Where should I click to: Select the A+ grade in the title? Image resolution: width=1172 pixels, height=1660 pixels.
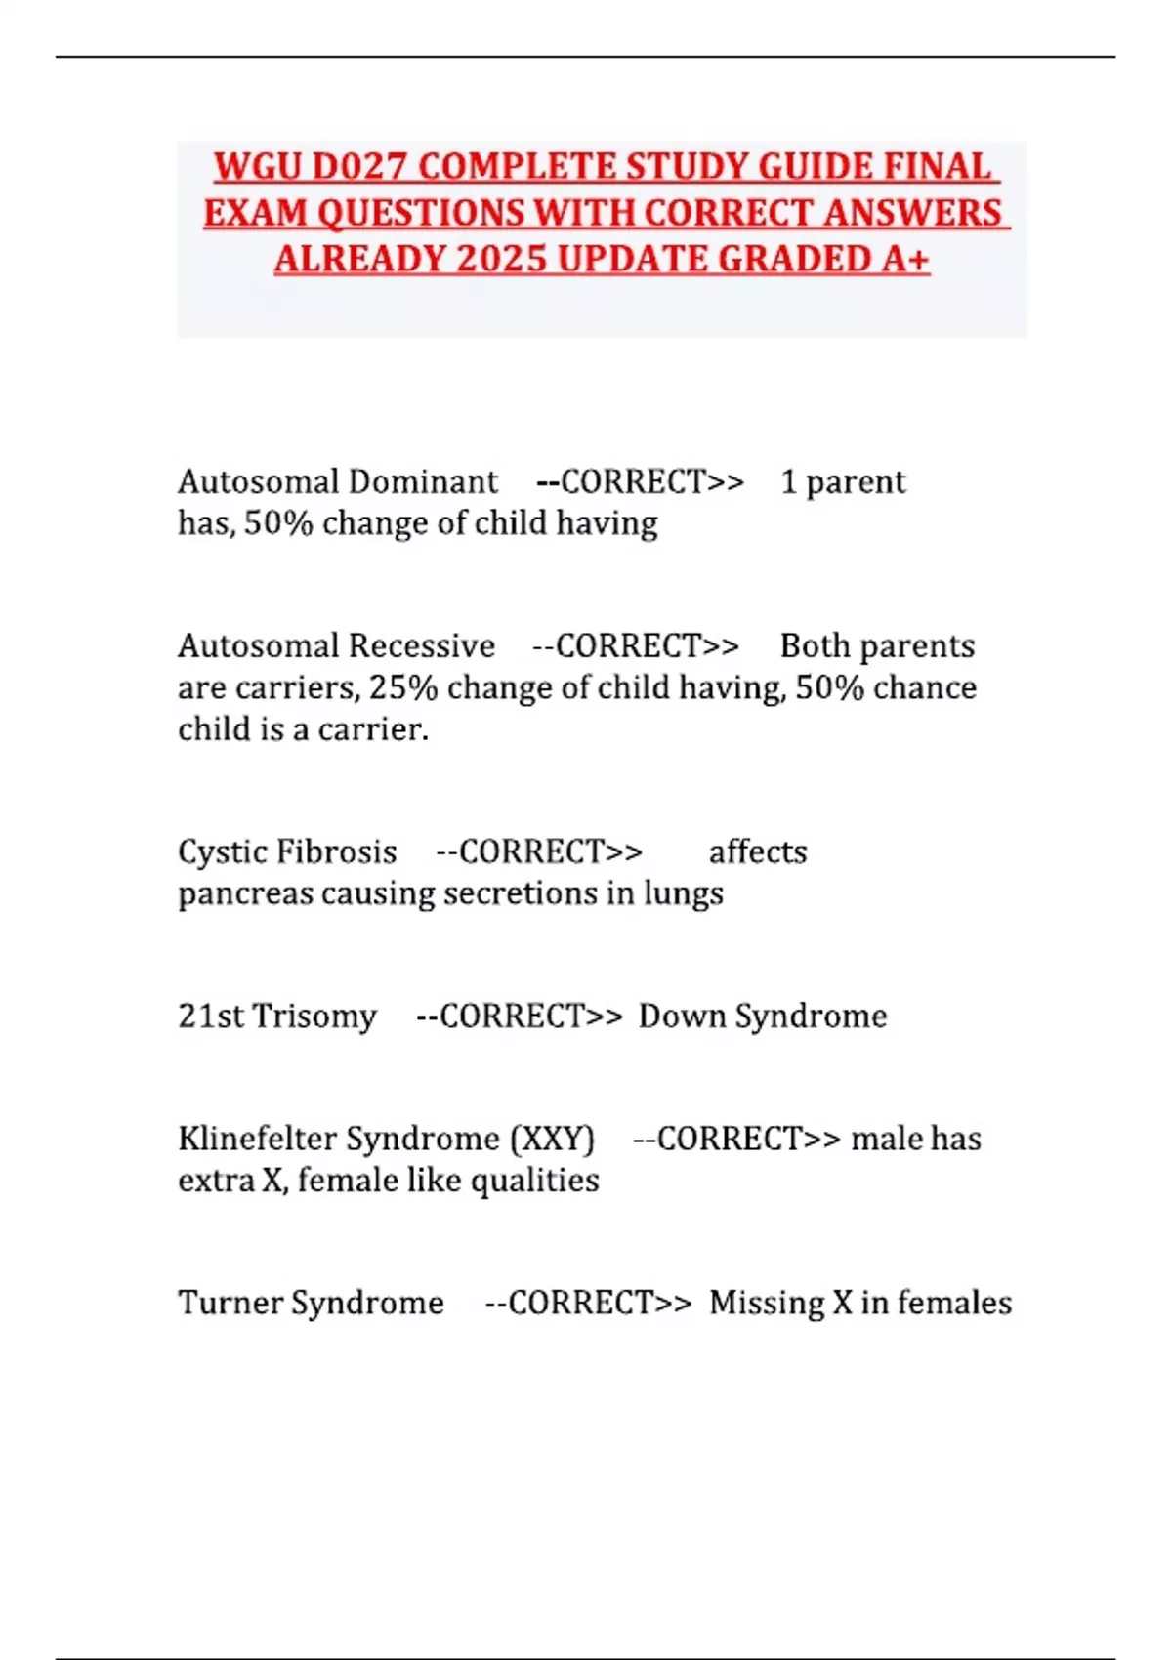click(905, 260)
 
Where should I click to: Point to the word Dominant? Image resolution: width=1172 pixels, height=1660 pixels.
click(423, 481)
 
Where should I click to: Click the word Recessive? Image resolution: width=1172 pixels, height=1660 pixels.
click(422, 645)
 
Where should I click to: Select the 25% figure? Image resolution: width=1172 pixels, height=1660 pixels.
click(403, 687)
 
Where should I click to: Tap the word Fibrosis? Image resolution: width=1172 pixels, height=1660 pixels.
click(337, 851)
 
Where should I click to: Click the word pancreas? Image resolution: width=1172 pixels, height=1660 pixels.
click(246, 894)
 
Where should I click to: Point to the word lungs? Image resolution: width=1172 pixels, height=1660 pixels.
click(683, 894)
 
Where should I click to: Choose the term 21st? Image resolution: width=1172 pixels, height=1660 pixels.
click(211, 1016)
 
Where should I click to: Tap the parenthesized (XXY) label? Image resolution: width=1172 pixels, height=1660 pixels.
click(552, 1139)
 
